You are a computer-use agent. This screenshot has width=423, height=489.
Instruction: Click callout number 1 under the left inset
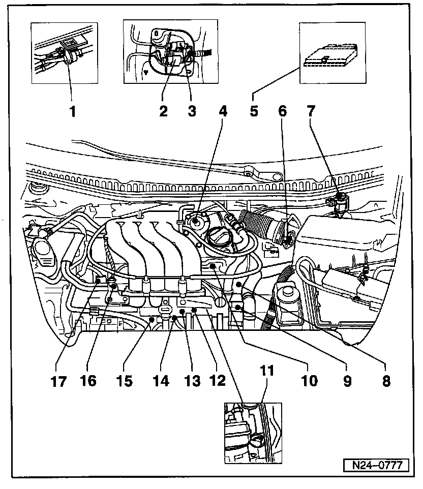point(73,111)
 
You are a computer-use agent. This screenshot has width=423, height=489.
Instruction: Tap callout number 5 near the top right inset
point(254,111)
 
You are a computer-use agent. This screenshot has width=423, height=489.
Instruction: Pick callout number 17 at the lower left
point(59,382)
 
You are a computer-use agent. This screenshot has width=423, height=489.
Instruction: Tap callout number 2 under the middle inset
point(163,111)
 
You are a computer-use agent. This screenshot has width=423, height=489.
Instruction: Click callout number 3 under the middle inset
point(192,111)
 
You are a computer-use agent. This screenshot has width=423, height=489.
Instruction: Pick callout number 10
point(310,380)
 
